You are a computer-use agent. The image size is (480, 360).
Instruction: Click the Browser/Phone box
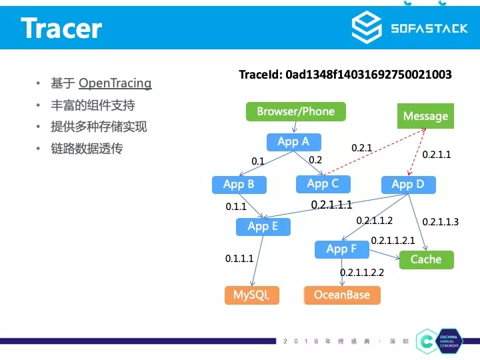296,111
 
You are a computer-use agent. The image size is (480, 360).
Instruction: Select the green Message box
425,116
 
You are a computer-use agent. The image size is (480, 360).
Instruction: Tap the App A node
293,141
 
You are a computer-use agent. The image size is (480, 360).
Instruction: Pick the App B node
239,185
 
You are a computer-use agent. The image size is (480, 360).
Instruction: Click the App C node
323,183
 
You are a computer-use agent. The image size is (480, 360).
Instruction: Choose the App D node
407,184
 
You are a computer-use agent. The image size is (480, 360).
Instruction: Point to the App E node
263,227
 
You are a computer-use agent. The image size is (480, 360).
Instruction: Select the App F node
341,249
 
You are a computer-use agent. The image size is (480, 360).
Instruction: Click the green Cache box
426,259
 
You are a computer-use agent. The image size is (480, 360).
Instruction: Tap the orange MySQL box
251,295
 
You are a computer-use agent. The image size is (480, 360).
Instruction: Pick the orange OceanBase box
341,295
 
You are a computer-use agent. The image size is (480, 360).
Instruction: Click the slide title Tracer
61,28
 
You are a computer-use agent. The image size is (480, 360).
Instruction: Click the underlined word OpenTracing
115,83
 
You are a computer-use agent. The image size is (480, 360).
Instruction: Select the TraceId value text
369,75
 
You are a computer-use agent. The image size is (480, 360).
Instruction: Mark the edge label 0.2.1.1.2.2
362,273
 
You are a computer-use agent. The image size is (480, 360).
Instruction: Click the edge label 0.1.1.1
239,259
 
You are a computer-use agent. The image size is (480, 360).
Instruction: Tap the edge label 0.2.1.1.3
440,222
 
